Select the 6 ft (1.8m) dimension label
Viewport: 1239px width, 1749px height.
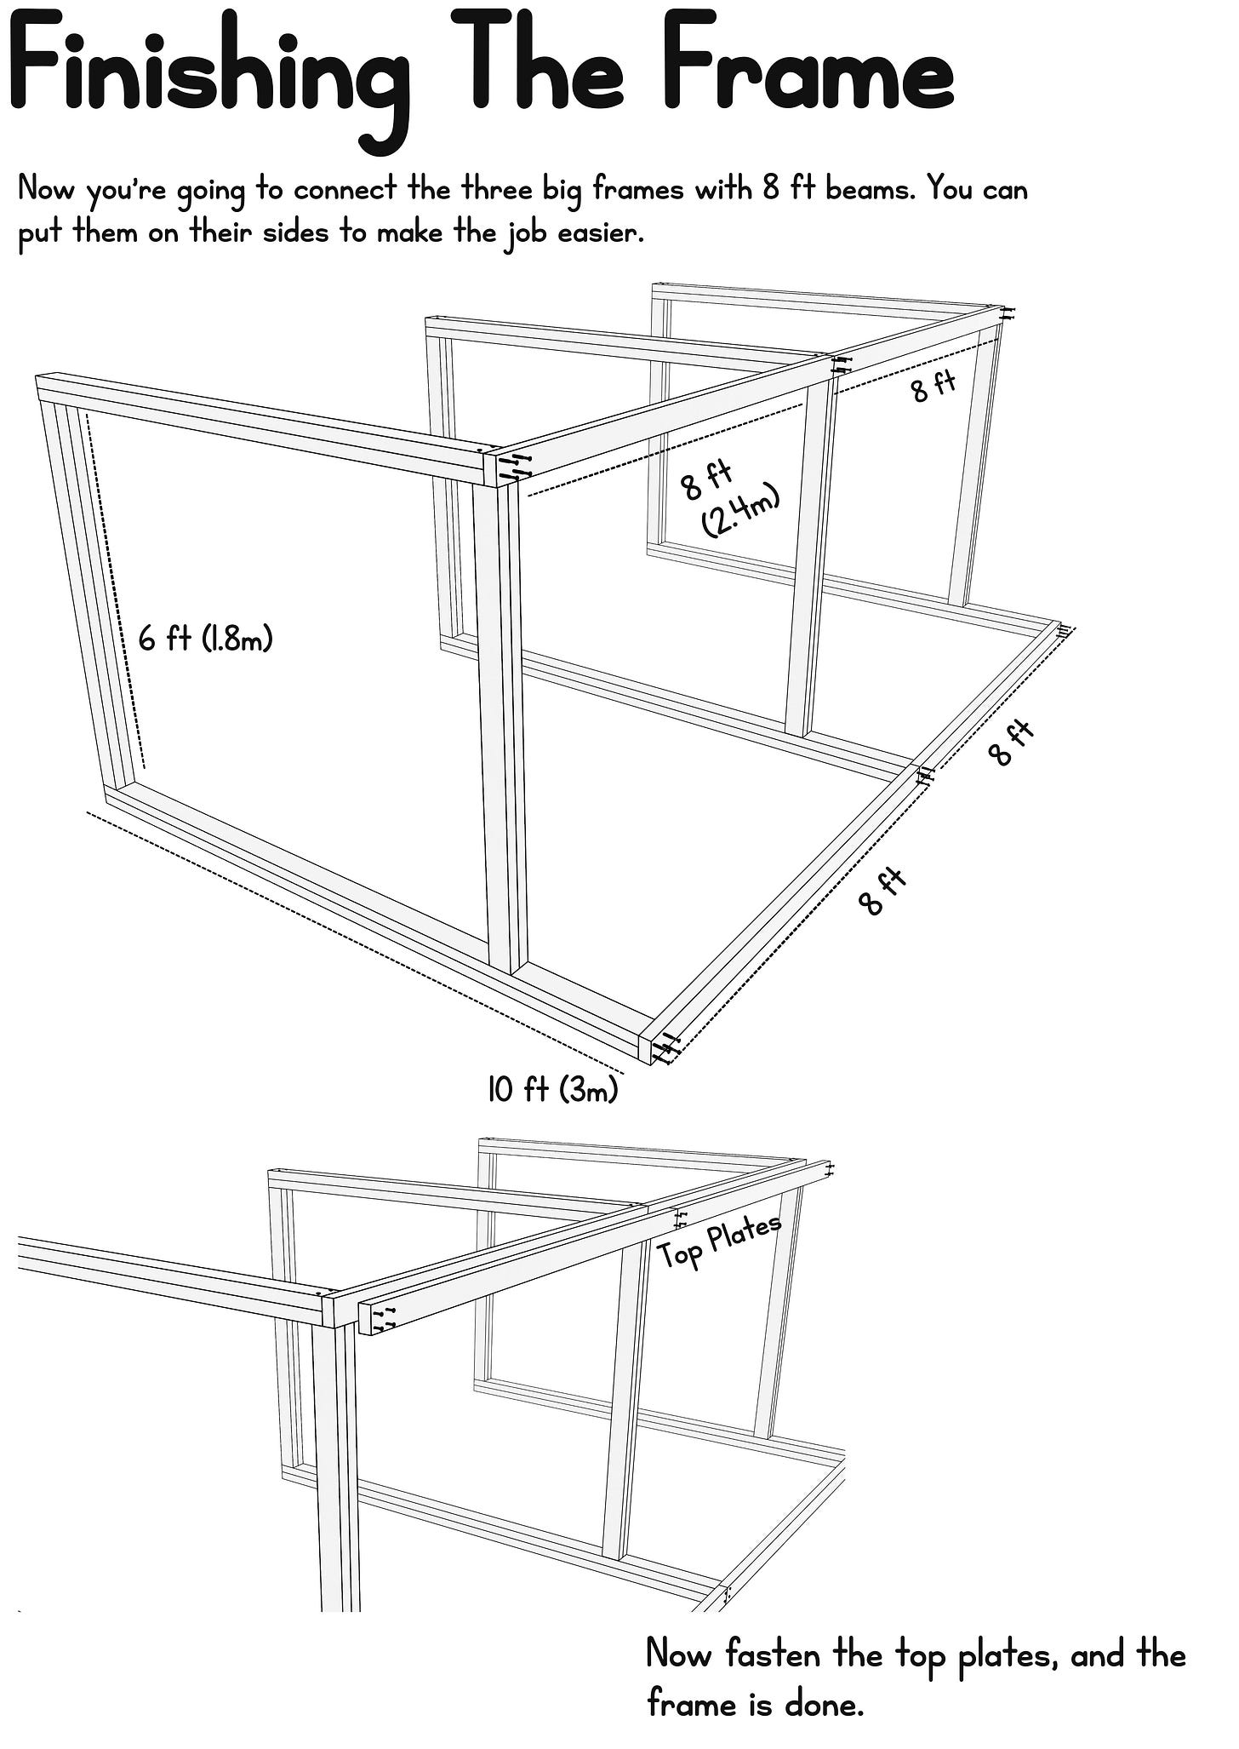click(x=206, y=638)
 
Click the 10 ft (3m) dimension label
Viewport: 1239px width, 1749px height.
click(x=552, y=1089)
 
